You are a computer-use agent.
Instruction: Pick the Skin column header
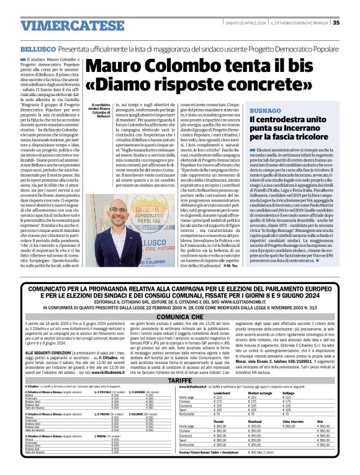[x=320, y=421]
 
